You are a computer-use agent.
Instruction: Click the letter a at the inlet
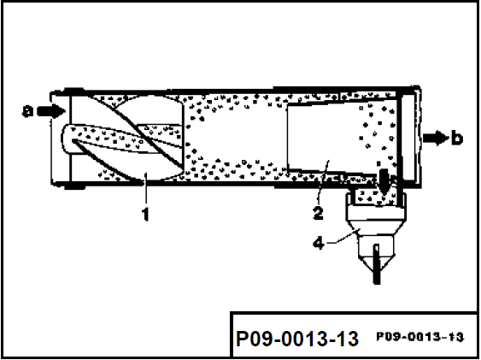pos(27,111)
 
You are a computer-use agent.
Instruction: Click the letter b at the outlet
pos(457,138)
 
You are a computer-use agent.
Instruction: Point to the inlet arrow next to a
pos(51,111)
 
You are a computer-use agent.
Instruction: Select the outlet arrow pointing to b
pos(436,138)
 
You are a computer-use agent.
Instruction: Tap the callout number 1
pos(145,214)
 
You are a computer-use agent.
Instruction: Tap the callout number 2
pos(318,213)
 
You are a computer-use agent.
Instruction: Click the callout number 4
pos(319,244)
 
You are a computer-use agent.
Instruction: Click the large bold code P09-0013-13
pos(297,339)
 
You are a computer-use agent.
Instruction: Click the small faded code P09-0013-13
pos(420,337)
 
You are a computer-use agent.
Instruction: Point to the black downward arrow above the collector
pos(384,181)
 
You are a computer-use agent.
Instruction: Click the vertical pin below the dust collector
pos(377,264)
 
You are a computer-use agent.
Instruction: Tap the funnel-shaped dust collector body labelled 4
pos(377,228)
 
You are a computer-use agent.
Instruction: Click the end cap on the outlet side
pos(410,137)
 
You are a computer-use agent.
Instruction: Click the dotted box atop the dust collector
pos(373,197)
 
